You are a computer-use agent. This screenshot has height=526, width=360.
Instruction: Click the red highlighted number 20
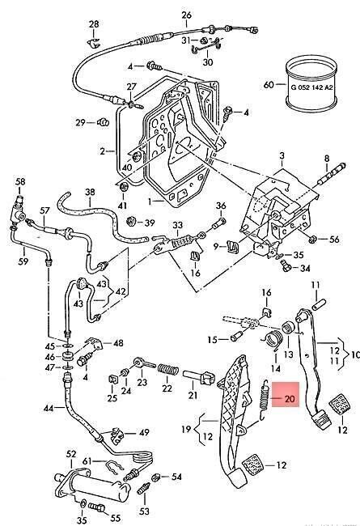[289, 398]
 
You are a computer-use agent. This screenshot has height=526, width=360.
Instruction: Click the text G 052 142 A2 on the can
[311, 87]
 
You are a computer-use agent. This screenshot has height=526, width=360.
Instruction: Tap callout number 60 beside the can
[269, 84]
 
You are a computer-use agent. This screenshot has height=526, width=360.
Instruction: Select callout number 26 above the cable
[187, 15]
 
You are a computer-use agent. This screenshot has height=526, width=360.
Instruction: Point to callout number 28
[94, 24]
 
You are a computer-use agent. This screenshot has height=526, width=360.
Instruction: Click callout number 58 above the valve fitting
[20, 181]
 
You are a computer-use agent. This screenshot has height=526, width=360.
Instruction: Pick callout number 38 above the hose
[90, 193]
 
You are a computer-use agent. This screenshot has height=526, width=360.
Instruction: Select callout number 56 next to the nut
[334, 240]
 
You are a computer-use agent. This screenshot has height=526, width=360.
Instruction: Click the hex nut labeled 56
[312, 239]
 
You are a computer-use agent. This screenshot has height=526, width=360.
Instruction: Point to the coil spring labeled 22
[167, 370]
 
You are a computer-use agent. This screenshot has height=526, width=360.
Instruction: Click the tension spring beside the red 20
[264, 400]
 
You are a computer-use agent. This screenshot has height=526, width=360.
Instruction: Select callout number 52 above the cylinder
[71, 454]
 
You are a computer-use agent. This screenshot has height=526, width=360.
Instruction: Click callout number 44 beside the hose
[49, 408]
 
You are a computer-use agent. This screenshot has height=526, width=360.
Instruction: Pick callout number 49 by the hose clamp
[144, 432]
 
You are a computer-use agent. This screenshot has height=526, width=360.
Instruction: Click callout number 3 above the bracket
[282, 155]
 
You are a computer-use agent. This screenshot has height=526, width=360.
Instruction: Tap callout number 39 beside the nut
[150, 223]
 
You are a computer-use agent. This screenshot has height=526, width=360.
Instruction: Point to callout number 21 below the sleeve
[193, 395]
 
